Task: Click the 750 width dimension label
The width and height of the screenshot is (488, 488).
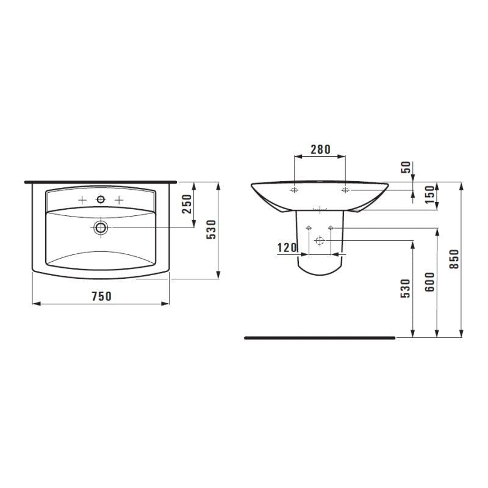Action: (x=101, y=296)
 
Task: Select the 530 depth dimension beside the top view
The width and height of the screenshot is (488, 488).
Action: (x=212, y=230)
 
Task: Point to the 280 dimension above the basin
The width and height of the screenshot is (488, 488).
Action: (x=320, y=149)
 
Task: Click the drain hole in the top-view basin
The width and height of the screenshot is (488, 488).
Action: (x=101, y=227)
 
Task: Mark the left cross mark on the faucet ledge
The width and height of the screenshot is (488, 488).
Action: (x=82, y=200)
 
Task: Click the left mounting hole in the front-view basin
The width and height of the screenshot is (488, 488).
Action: (x=294, y=190)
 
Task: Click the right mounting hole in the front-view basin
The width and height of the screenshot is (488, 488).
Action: (x=345, y=190)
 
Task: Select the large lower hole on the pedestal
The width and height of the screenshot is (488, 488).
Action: (x=318, y=241)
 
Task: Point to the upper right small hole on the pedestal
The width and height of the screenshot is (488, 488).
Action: (x=331, y=228)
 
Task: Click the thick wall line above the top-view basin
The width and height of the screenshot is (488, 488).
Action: (x=101, y=182)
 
